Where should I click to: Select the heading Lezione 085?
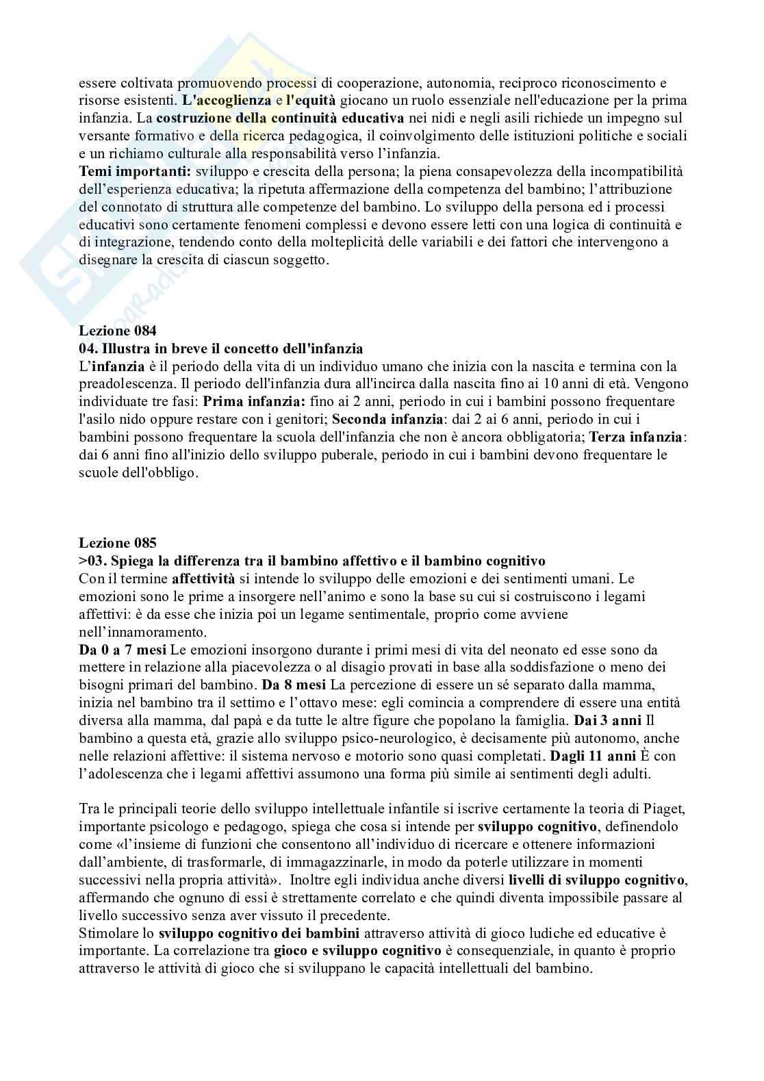[118, 544]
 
